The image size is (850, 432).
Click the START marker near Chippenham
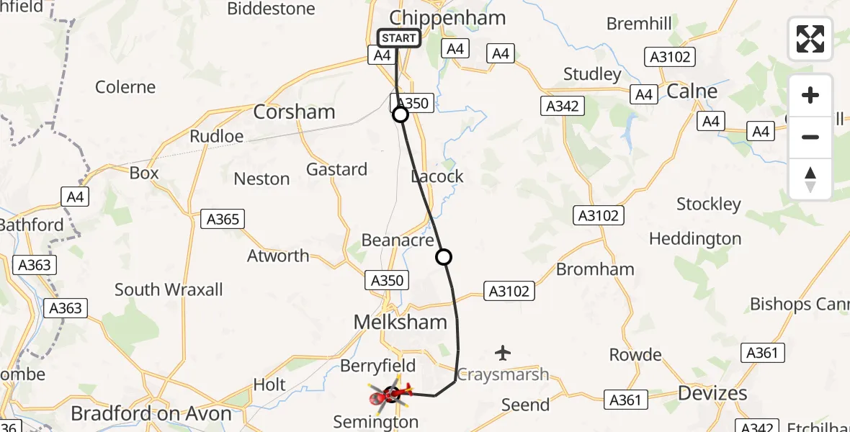tap(398, 38)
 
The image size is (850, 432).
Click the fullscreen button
tap(810, 38)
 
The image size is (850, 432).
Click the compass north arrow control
tap(810, 179)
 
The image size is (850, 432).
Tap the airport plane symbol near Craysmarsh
tap(503, 353)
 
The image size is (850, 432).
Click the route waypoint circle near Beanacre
tap(444, 257)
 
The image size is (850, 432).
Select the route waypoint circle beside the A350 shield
tap(401, 114)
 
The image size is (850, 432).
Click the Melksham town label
tap(401, 322)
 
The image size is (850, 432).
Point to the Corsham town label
tap(295, 112)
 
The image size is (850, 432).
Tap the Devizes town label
tap(712, 393)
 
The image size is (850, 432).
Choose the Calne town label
tap(692, 91)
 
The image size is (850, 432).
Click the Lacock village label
tap(437, 176)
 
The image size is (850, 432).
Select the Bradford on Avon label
tap(151, 413)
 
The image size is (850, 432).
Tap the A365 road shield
tap(223, 219)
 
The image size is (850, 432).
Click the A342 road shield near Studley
tap(562, 106)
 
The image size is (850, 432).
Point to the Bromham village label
tap(595, 269)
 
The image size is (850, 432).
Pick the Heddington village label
tap(695, 238)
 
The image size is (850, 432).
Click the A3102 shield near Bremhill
tap(671, 57)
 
